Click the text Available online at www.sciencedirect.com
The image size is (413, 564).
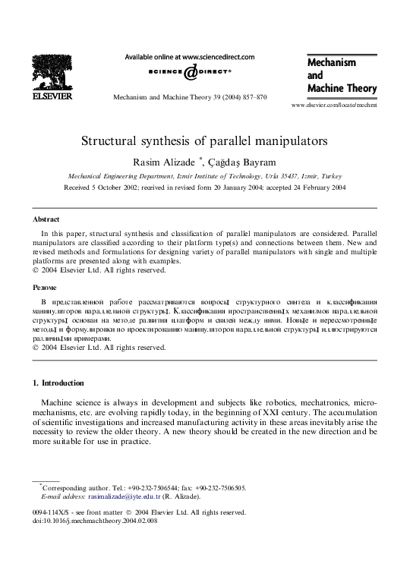pyautogui.click(x=189, y=56)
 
